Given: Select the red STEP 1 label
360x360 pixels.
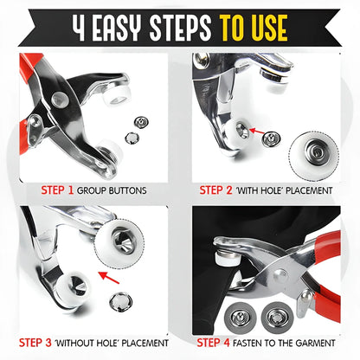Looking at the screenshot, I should [x=57, y=189].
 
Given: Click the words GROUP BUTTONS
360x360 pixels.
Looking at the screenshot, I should [x=111, y=189].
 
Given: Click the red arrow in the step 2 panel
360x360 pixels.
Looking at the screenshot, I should [x=245, y=132].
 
